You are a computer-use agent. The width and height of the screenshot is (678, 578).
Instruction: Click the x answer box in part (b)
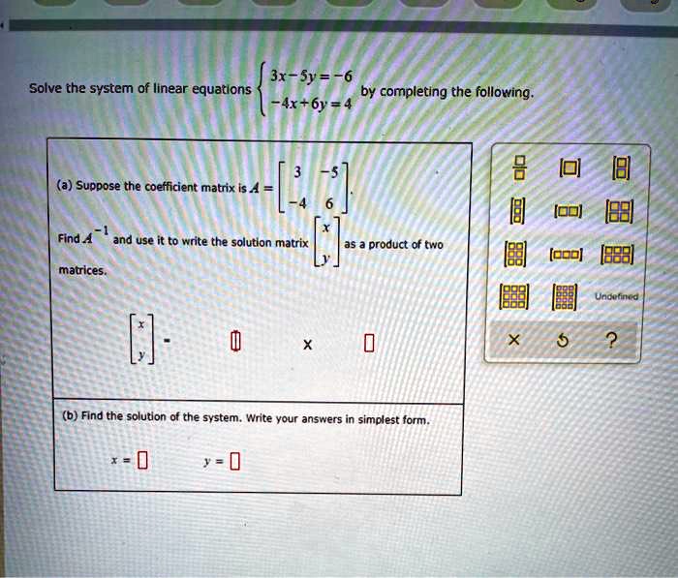(142, 460)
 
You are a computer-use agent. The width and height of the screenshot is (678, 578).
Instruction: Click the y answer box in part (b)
(234, 461)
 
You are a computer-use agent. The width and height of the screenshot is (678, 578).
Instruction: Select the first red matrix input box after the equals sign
(234, 341)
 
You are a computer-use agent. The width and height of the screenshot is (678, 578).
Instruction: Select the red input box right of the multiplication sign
(368, 344)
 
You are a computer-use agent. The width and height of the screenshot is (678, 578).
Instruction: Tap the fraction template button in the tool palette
(521, 168)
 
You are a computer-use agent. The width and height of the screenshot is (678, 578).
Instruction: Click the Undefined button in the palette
(616, 296)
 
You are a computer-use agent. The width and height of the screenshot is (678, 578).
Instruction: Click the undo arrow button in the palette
(562, 341)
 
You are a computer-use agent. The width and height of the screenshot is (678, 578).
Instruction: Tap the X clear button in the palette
(513, 340)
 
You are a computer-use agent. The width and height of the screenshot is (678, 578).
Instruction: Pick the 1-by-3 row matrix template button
(566, 255)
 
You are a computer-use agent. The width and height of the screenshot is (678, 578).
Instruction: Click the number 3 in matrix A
(297, 172)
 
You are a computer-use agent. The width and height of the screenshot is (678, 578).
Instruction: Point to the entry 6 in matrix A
(329, 203)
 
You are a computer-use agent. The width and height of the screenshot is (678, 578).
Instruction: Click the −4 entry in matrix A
(298, 202)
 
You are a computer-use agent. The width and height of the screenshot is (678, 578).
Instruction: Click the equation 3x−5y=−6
(311, 76)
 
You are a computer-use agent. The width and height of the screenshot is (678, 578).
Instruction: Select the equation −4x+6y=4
(311, 104)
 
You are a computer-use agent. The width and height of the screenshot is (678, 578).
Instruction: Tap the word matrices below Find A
(82, 271)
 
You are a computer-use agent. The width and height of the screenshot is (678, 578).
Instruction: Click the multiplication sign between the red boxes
(307, 345)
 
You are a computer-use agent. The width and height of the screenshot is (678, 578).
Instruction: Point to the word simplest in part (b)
(378, 420)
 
